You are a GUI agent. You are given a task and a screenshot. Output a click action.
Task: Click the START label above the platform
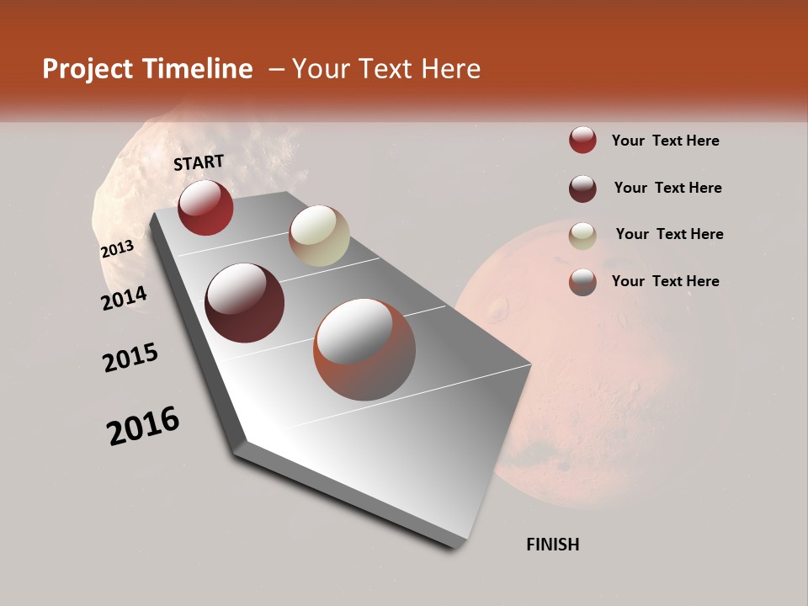(x=199, y=162)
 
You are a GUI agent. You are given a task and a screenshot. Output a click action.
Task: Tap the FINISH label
(x=553, y=545)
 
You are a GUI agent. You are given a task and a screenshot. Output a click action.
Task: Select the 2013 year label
(x=117, y=249)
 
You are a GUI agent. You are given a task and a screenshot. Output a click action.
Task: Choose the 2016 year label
(x=143, y=426)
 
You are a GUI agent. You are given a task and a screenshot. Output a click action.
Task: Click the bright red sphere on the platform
(x=205, y=207)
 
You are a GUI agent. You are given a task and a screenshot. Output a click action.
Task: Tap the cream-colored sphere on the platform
(x=319, y=236)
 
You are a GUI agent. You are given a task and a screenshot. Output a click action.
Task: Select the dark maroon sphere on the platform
(x=245, y=303)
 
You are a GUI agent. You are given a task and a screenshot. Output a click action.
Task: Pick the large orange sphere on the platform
(x=364, y=349)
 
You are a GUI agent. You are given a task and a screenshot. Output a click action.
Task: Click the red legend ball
(x=582, y=141)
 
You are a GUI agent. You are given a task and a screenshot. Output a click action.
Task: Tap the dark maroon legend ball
(x=582, y=188)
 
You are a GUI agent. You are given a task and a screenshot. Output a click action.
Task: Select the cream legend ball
(x=582, y=235)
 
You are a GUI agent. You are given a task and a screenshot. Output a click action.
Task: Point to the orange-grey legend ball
(x=582, y=281)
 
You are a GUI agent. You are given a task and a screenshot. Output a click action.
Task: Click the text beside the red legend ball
(x=665, y=141)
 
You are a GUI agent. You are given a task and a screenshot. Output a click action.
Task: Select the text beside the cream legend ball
(x=669, y=234)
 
